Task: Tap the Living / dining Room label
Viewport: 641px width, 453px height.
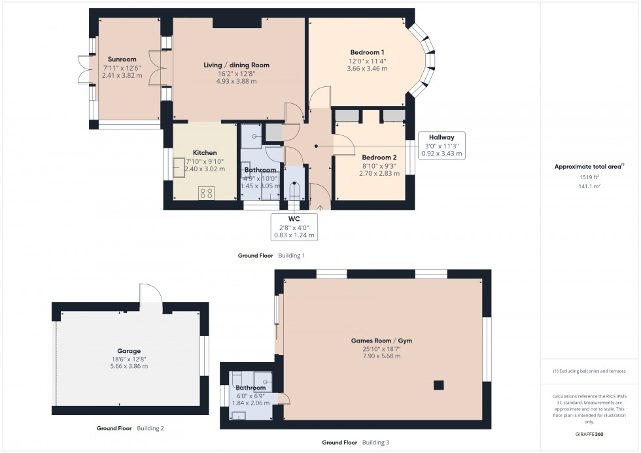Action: [236, 65]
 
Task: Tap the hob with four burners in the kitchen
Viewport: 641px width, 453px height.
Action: [207, 192]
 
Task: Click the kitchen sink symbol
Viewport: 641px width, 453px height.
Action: [179, 168]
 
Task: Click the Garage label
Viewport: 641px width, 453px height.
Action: [129, 351]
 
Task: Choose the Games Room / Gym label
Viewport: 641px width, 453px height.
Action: [381, 341]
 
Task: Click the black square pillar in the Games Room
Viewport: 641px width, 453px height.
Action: [439, 384]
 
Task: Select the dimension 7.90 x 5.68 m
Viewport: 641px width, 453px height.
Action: [381, 356]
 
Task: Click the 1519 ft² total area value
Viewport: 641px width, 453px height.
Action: [589, 177]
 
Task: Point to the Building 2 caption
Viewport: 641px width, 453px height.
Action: [150, 429]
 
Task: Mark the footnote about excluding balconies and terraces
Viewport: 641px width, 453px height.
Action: [589, 371]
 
